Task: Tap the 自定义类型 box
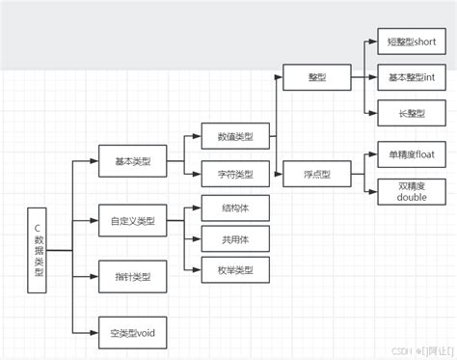coord(132,221)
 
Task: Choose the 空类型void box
coord(132,333)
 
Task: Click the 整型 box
coord(317,76)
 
